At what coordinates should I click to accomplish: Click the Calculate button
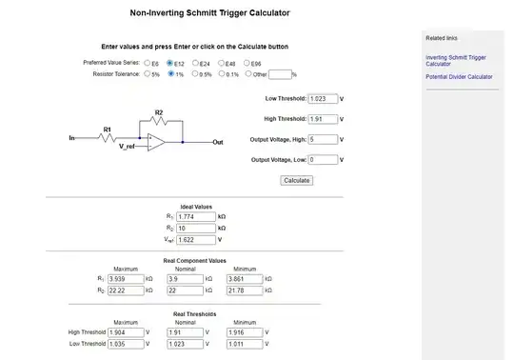[297, 180]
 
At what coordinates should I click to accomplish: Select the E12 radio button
[170, 63]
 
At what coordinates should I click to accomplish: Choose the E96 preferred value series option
[246, 63]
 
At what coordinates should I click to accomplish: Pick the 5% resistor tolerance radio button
[146, 73]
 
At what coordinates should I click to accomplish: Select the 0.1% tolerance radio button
[222, 73]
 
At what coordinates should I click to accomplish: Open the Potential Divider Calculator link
[459, 77]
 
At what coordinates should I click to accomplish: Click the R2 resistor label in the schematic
[159, 112]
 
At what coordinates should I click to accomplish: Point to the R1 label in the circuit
[108, 129]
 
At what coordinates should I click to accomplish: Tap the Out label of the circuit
[218, 142]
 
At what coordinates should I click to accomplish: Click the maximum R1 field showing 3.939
[125, 278]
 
